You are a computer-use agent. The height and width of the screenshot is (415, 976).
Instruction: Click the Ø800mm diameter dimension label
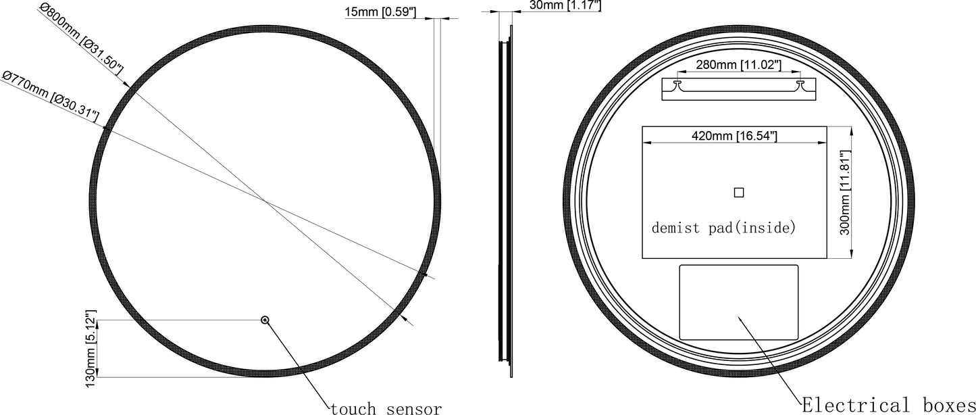click(82, 39)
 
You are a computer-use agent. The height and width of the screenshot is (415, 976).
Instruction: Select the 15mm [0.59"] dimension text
click(380, 11)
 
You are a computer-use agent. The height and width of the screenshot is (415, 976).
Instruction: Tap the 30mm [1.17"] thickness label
click(565, 5)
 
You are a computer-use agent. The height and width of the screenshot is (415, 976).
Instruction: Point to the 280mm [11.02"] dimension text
click(738, 65)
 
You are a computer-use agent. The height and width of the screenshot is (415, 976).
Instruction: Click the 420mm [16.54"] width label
click(734, 137)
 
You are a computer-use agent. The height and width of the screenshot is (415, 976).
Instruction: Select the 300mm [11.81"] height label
click(843, 192)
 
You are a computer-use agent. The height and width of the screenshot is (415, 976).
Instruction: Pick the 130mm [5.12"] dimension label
click(92, 349)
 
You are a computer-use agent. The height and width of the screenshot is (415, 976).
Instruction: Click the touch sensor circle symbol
click(265, 320)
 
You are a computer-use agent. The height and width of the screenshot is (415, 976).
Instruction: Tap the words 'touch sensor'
click(386, 408)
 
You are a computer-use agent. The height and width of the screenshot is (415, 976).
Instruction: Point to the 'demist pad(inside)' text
click(724, 228)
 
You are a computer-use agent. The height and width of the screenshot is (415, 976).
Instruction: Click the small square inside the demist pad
click(738, 193)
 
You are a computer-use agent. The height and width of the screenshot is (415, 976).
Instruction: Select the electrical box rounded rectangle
click(738, 302)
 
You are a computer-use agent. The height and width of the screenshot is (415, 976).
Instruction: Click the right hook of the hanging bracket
click(801, 84)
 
